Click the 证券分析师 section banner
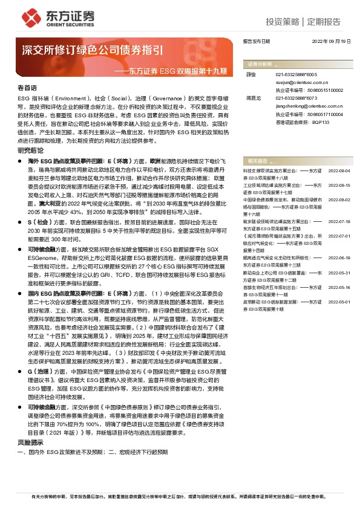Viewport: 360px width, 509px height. coord(261,63)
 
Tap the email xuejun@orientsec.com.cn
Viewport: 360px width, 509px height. coord(297,80)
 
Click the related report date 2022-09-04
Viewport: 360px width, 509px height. coord(339,172)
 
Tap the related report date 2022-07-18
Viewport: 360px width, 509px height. coord(339,222)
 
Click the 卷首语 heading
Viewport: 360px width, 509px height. coord(27,88)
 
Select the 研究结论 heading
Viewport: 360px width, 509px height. coord(30,150)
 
